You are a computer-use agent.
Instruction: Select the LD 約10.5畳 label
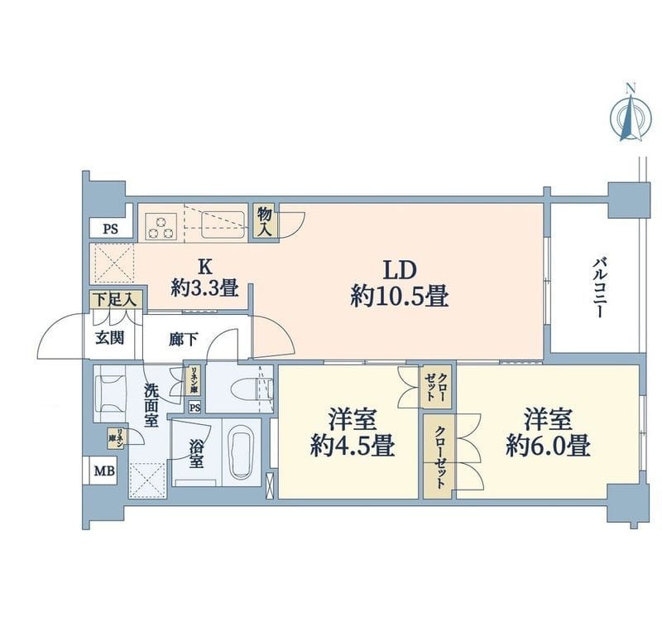pos(400,283)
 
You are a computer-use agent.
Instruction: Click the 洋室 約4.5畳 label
pos(352,432)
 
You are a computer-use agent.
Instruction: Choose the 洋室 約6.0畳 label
pos(548,432)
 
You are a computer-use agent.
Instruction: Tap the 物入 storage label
pos(265,220)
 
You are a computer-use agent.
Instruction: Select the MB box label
pos(104,471)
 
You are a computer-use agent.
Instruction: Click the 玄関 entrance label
pos(108,338)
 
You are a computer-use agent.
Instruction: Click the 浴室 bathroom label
pos(195,455)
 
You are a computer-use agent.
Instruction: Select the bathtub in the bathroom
pos(242,453)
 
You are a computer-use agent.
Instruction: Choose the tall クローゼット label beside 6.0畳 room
pos(439,457)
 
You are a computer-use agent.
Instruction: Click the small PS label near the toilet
pos(194,407)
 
